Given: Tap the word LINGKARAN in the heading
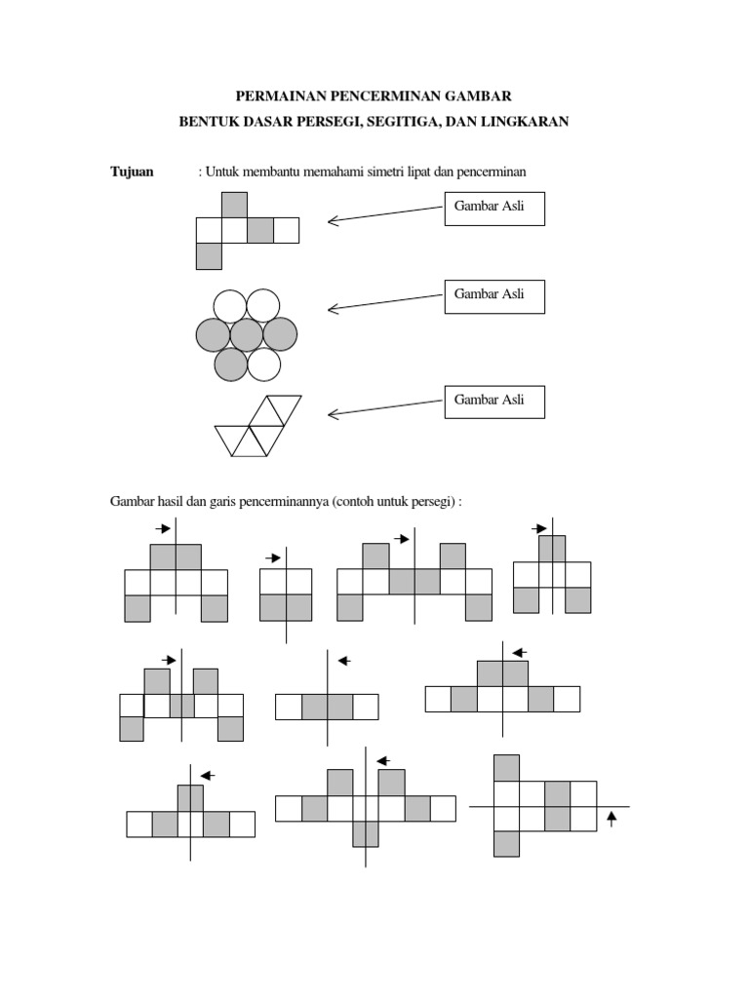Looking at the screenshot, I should (x=525, y=122).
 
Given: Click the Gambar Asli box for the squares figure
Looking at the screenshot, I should (x=494, y=210).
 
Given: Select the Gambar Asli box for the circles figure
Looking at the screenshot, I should (x=494, y=297).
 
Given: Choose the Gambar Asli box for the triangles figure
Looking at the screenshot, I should (x=494, y=402).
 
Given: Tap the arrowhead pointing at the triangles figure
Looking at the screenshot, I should (x=333, y=414).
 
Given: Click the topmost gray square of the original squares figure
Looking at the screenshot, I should (x=234, y=205).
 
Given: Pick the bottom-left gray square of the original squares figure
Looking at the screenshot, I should (x=209, y=256).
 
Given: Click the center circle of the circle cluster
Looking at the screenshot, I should (x=247, y=335).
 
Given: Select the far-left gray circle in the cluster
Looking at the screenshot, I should (x=214, y=335).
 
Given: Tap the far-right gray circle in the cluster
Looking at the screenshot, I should (x=280, y=335).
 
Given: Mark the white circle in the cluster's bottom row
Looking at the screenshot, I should (x=263, y=365).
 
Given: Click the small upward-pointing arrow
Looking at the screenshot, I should (x=612, y=819).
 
